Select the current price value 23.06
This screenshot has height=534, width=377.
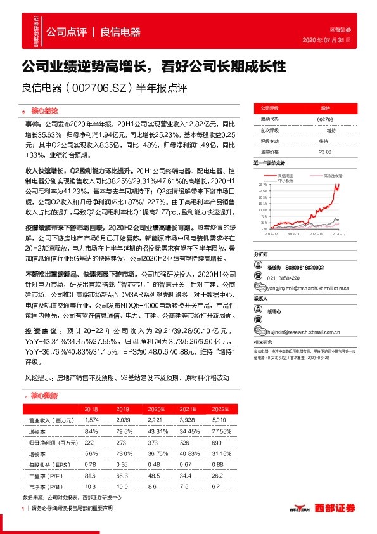324,152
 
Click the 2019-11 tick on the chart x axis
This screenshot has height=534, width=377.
291,233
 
